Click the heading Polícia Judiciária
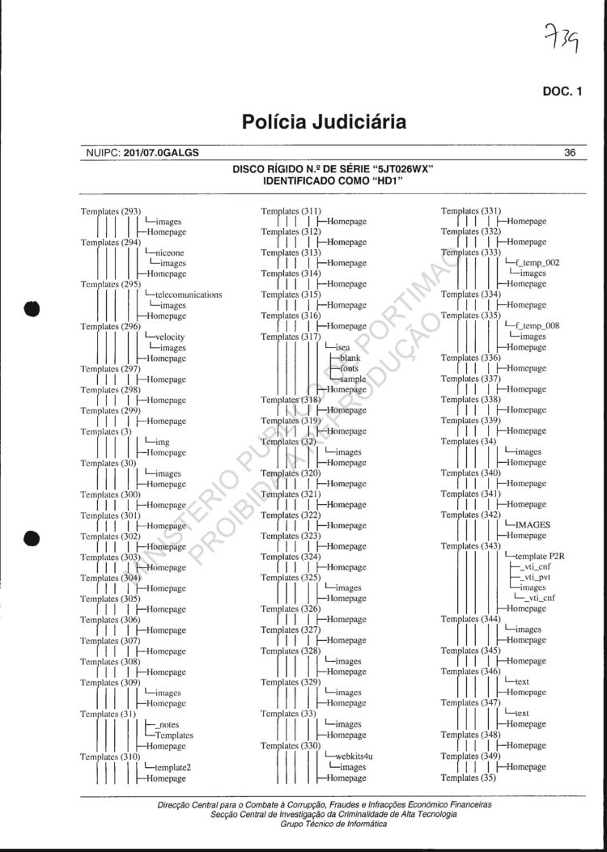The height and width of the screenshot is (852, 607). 324,122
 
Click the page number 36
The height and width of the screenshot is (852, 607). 570,152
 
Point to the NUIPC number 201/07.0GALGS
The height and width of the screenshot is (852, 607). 161,152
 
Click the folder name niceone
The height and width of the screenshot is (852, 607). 168,252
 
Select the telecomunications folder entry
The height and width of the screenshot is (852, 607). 188,295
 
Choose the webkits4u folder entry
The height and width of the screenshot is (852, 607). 353,757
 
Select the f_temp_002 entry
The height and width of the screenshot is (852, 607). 536,263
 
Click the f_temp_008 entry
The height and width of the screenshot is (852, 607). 536,326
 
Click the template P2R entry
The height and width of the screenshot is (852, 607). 540,557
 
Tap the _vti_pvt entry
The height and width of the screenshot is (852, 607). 536,578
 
